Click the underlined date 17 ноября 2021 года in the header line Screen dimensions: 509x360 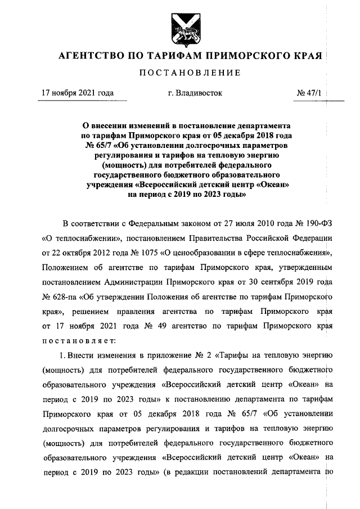pyautogui.click(x=78, y=93)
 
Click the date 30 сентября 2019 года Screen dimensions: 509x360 pyautogui.click(x=283, y=281)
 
